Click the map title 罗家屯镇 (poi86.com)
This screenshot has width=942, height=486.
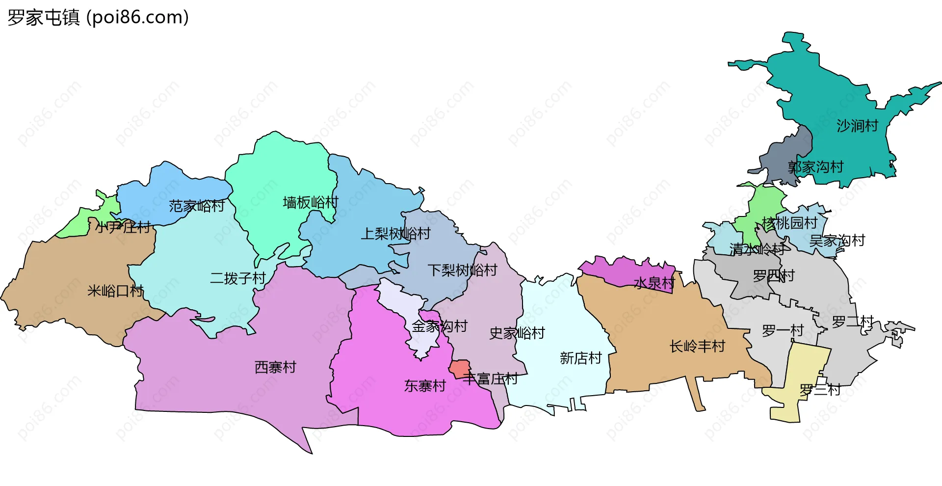pyautogui.click(x=98, y=18)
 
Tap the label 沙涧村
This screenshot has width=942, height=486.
pyautogui.click(x=857, y=126)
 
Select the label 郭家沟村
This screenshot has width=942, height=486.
pyautogui.click(x=815, y=167)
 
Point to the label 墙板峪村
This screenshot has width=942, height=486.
pyautogui.click(x=311, y=202)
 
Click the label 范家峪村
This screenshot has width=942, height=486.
pyautogui.click(x=197, y=206)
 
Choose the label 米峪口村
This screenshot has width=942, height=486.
pyautogui.click(x=115, y=291)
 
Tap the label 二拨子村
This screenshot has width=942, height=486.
pyautogui.click(x=238, y=278)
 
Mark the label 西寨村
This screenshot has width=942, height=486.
pyautogui.click(x=275, y=367)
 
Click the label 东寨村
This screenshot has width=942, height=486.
pyautogui.click(x=425, y=386)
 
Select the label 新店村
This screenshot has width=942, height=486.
pyautogui.click(x=580, y=358)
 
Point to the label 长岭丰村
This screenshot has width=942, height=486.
pyautogui.click(x=697, y=347)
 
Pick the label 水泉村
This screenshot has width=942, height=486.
pyautogui.click(x=654, y=283)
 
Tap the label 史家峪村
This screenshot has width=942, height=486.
pyautogui.click(x=517, y=333)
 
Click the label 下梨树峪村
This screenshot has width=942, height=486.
pyautogui.click(x=462, y=270)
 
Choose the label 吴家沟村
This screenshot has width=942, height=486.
pyautogui.click(x=837, y=241)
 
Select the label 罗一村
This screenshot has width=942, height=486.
pyautogui.click(x=783, y=330)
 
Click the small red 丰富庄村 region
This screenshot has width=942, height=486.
pyautogui.click(x=460, y=368)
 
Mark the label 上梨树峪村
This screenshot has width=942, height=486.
pyautogui.click(x=395, y=234)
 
